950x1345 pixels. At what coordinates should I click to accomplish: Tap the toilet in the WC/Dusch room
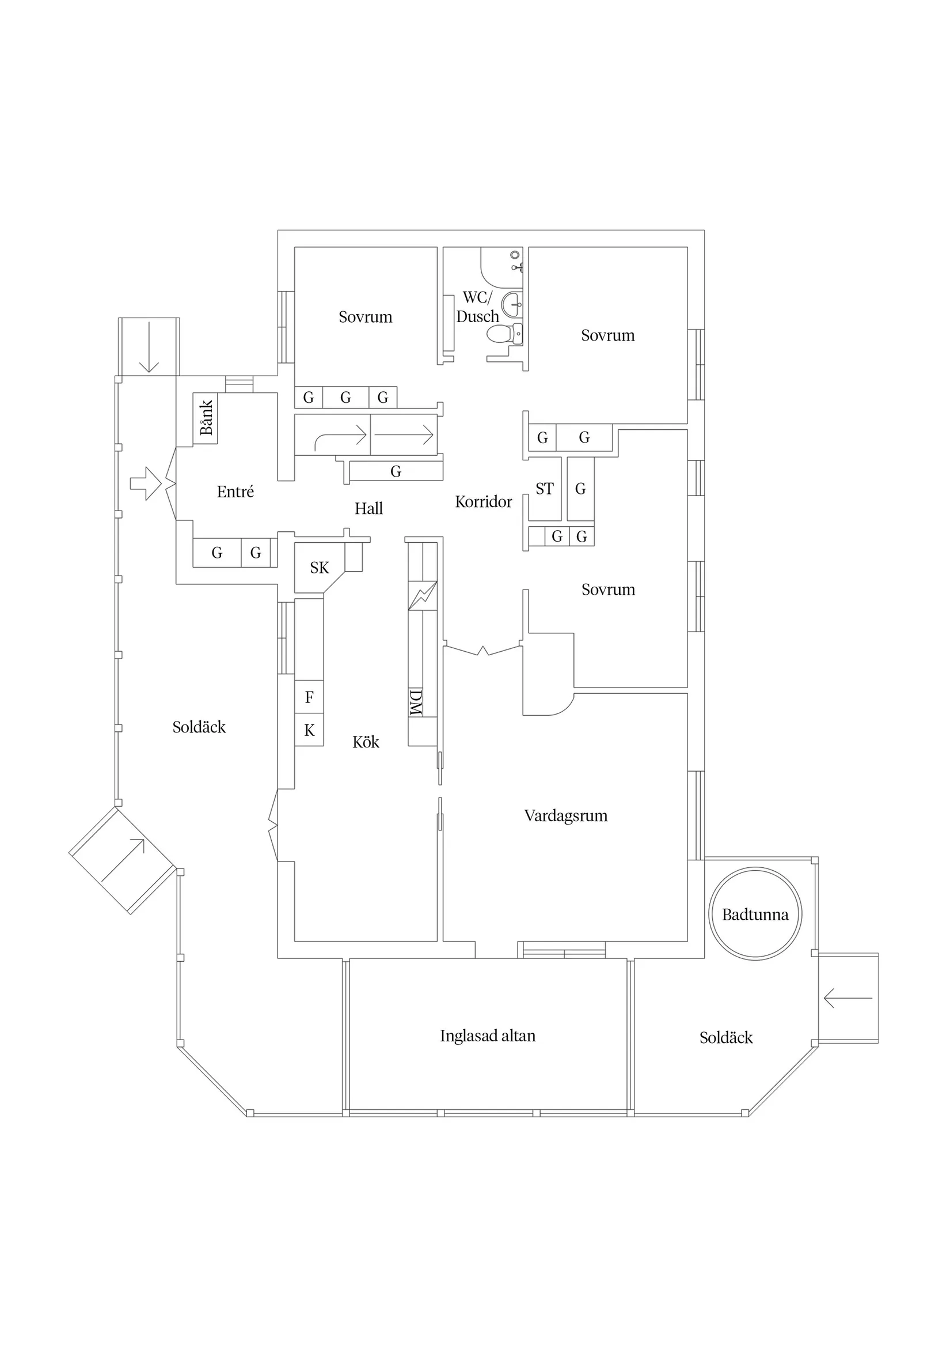click(501, 334)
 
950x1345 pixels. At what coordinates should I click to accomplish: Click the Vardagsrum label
click(565, 815)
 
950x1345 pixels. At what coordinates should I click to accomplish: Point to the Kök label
click(366, 742)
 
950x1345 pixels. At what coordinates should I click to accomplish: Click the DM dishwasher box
click(416, 702)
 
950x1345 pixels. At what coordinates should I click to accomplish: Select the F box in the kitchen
click(309, 697)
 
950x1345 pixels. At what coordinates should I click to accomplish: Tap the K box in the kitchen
click(309, 730)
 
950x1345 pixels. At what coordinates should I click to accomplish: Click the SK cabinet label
click(320, 568)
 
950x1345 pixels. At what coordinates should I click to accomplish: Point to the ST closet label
click(544, 489)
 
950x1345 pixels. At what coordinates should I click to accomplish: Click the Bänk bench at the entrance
click(206, 418)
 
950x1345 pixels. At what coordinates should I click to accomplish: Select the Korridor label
click(484, 501)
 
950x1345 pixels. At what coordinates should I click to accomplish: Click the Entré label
click(235, 492)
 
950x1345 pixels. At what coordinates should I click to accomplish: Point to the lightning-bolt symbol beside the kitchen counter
click(422, 596)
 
